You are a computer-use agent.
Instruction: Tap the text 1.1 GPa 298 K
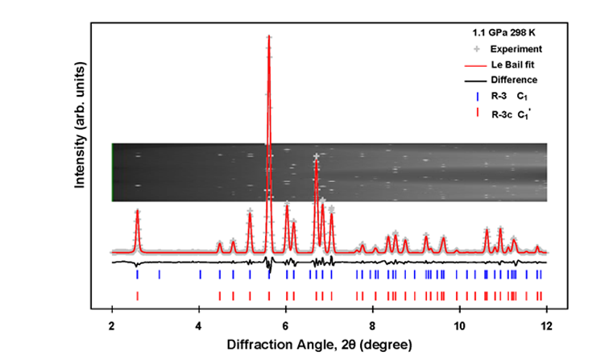pos(503,34)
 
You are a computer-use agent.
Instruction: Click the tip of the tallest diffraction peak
pos(268,36)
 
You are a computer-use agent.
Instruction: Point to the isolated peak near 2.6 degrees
pos(138,212)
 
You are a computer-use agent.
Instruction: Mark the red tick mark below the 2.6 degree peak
pos(138,296)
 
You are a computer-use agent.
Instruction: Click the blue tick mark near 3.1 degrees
pos(159,275)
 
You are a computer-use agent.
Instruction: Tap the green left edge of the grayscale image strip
pos(112,172)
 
